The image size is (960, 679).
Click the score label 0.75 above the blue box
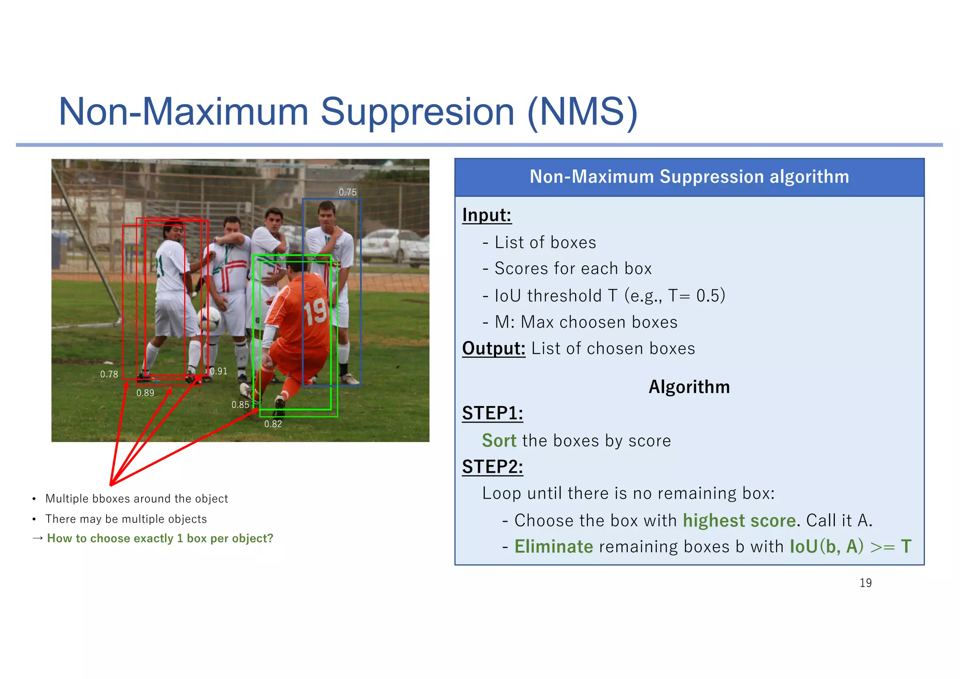347,192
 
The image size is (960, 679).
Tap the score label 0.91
218,371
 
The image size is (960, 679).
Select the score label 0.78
109,374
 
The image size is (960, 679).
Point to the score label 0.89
145,393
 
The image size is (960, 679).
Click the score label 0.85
240,405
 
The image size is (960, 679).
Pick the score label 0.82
273,424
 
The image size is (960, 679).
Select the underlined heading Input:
486,215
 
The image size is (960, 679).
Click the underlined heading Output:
493,348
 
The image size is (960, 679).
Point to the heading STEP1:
492,413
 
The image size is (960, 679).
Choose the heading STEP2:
492,467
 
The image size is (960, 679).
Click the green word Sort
499,441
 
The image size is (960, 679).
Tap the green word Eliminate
554,547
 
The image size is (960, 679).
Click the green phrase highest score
739,521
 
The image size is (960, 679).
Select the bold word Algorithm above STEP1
689,387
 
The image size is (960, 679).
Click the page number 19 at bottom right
865,583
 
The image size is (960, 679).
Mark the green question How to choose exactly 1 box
160,538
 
